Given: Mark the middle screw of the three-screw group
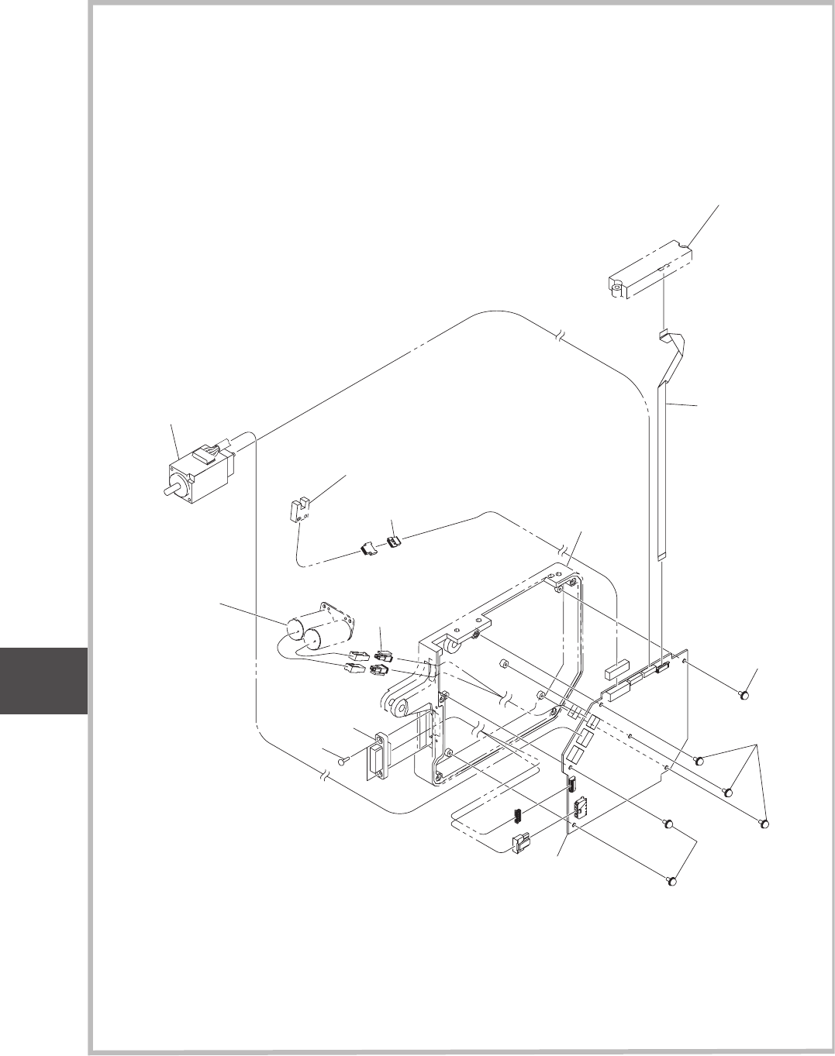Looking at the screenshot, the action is [727, 792].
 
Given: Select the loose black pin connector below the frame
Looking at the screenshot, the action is [513, 817].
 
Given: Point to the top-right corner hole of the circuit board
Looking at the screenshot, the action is [684, 659].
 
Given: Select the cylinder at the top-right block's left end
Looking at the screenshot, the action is [617, 291].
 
